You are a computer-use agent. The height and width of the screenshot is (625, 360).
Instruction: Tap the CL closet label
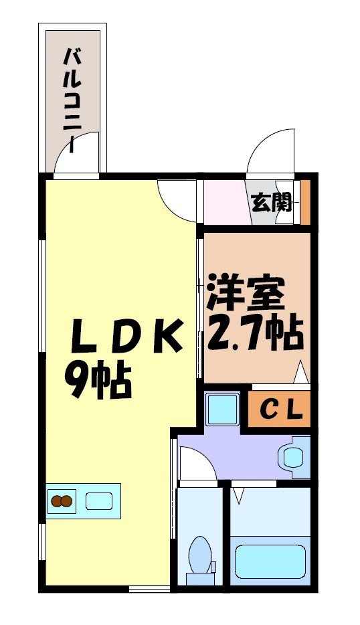click(280, 410)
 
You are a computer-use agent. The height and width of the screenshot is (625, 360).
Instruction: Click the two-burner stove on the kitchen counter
click(62, 501)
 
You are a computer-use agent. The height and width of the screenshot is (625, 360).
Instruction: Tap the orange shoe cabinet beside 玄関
click(305, 202)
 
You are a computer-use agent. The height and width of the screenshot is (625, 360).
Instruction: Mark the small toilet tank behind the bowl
click(211, 567)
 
